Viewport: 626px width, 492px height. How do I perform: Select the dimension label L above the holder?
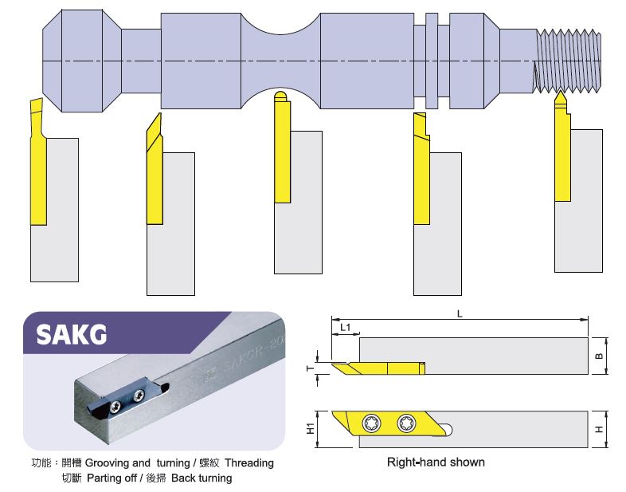point(460,313)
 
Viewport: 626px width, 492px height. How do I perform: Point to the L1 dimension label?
point(345,327)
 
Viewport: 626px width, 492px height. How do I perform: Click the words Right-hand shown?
point(435,462)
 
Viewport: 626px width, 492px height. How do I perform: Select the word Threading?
point(248,463)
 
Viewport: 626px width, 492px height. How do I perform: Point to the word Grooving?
point(106,463)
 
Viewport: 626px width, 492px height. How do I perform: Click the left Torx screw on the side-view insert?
point(372,423)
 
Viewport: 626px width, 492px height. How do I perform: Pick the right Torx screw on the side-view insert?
point(407,423)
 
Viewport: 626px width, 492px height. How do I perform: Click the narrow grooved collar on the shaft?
point(432,60)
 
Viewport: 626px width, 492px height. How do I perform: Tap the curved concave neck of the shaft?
point(280,60)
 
